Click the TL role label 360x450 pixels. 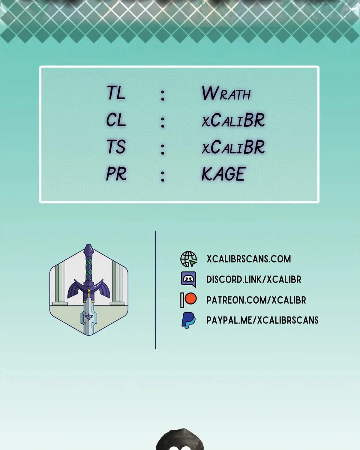coord(116,93)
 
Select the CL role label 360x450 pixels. coord(116,120)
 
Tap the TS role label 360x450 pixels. coord(116,146)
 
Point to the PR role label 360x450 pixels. coord(116,174)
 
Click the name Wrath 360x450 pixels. coord(226,93)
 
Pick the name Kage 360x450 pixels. coord(223,174)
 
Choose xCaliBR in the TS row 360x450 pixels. coord(233,147)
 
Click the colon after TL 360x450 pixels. coord(163,96)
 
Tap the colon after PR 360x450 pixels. coord(163,176)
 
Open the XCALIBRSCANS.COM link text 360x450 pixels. coord(249,259)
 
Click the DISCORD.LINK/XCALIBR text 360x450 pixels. coord(254,279)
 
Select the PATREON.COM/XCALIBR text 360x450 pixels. coord(256,300)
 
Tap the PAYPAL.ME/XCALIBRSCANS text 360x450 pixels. coord(262,320)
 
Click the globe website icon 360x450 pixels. coord(188,259)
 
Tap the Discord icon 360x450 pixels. coord(188,279)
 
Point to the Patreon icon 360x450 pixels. coord(188,300)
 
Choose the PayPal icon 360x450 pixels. coord(188,320)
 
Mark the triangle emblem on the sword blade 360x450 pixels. coord(89,317)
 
